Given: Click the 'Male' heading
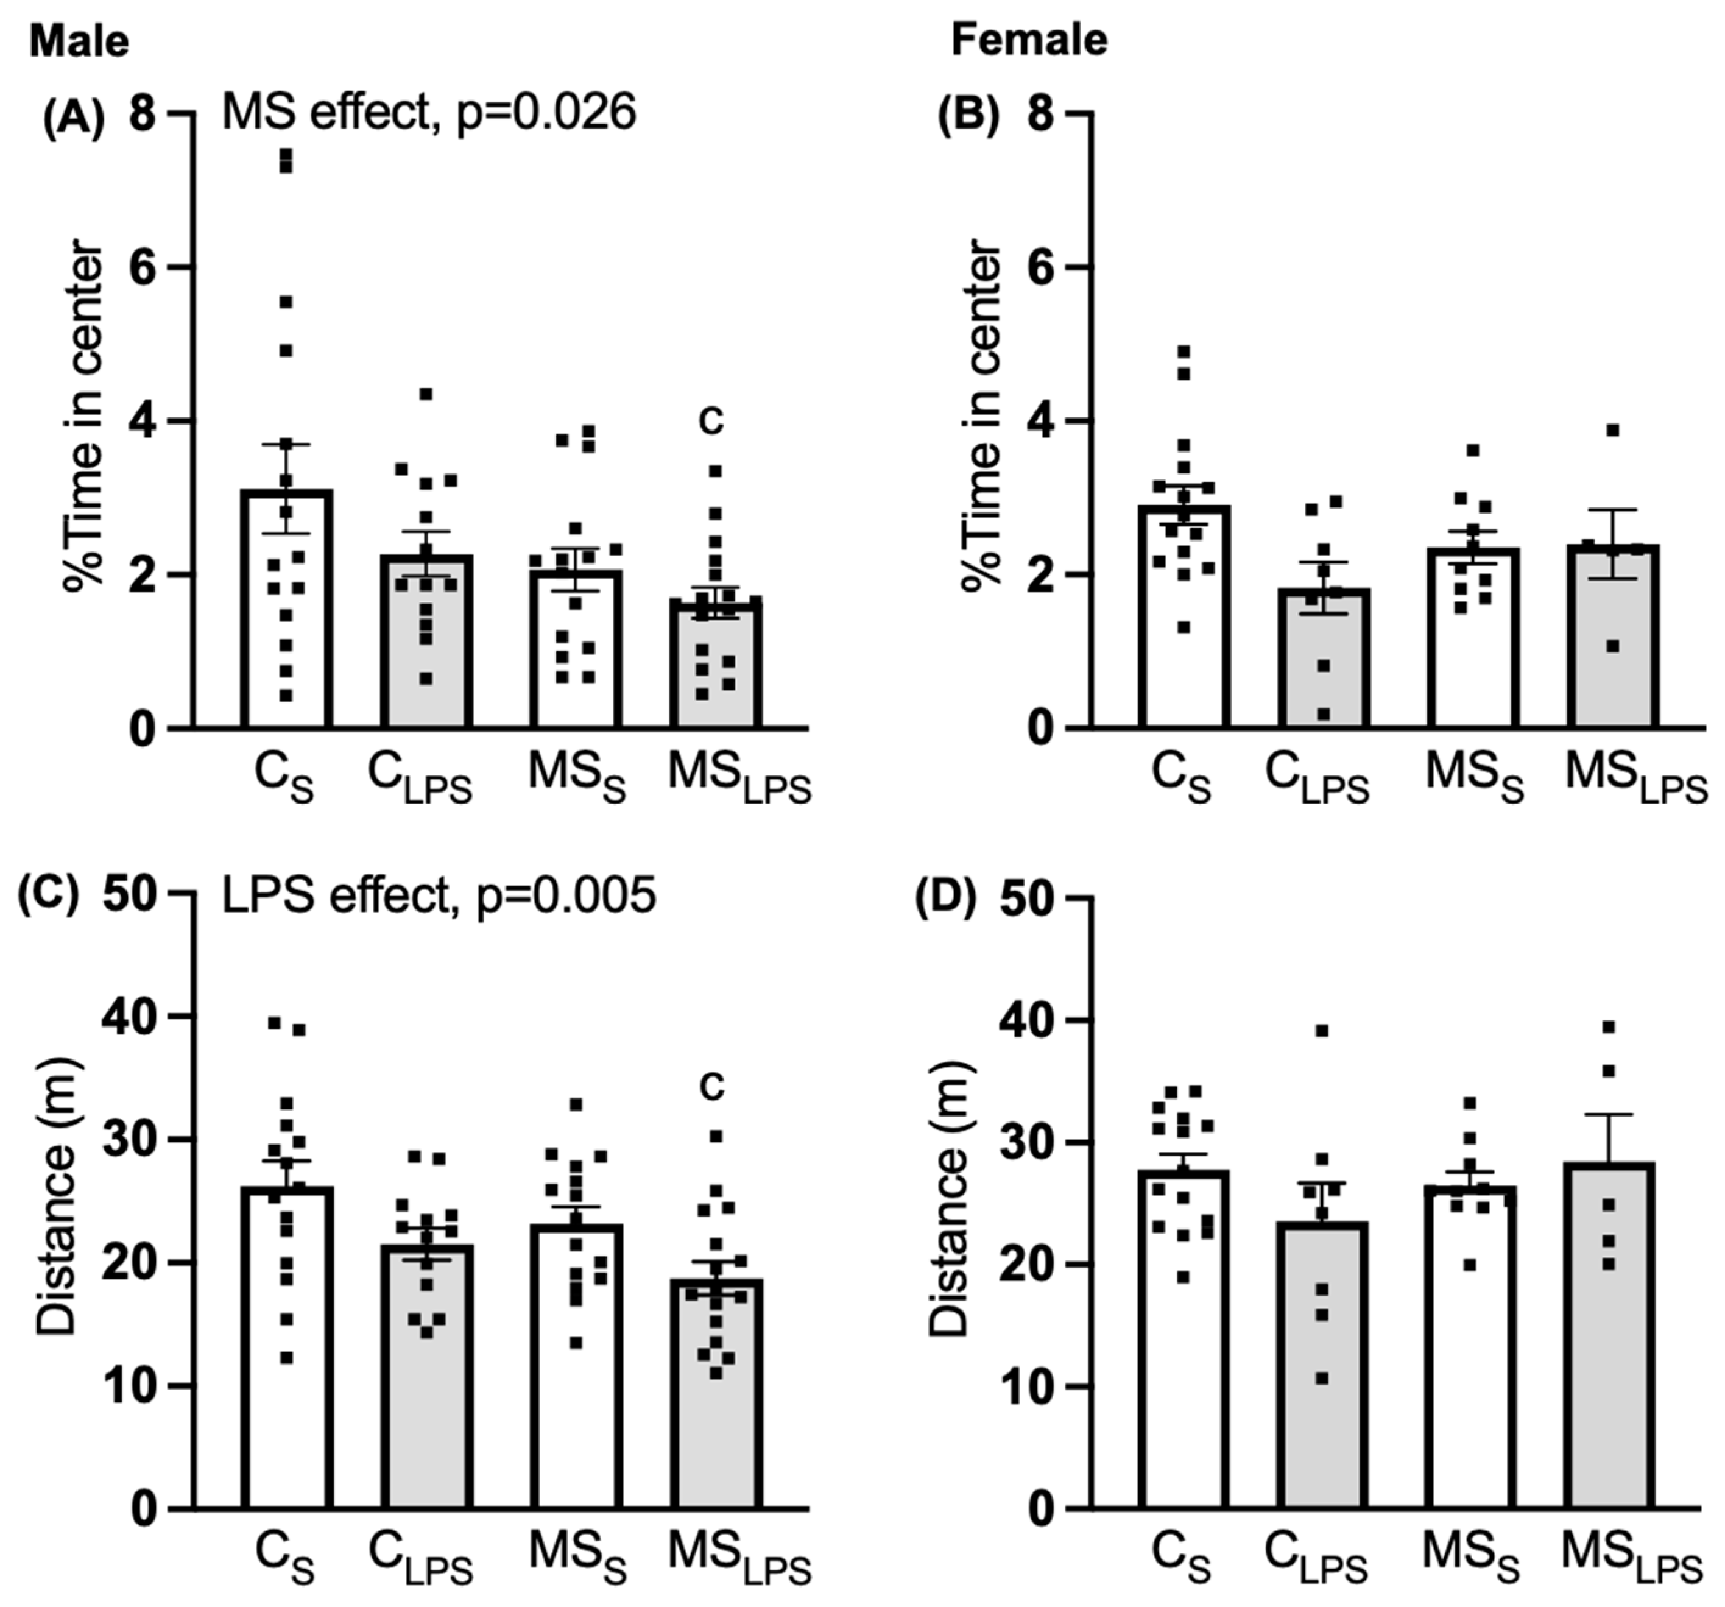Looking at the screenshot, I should pyautogui.click(x=79, y=41).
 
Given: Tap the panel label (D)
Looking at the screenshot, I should pyautogui.click(x=946, y=900).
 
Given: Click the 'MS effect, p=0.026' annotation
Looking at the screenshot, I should pyautogui.click(x=429, y=113).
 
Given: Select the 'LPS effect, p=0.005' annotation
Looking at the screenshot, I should pyautogui.click(x=439, y=895).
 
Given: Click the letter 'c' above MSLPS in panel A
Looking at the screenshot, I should pyautogui.click(x=711, y=422).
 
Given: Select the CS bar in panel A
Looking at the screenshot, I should pyautogui.click(x=287, y=625).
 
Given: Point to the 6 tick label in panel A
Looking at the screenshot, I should pyautogui.click(x=147, y=267).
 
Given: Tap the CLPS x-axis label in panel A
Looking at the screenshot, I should pyautogui.click(x=420, y=779).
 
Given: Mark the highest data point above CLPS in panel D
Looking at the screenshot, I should pyautogui.click(x=1322, y=1031).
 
